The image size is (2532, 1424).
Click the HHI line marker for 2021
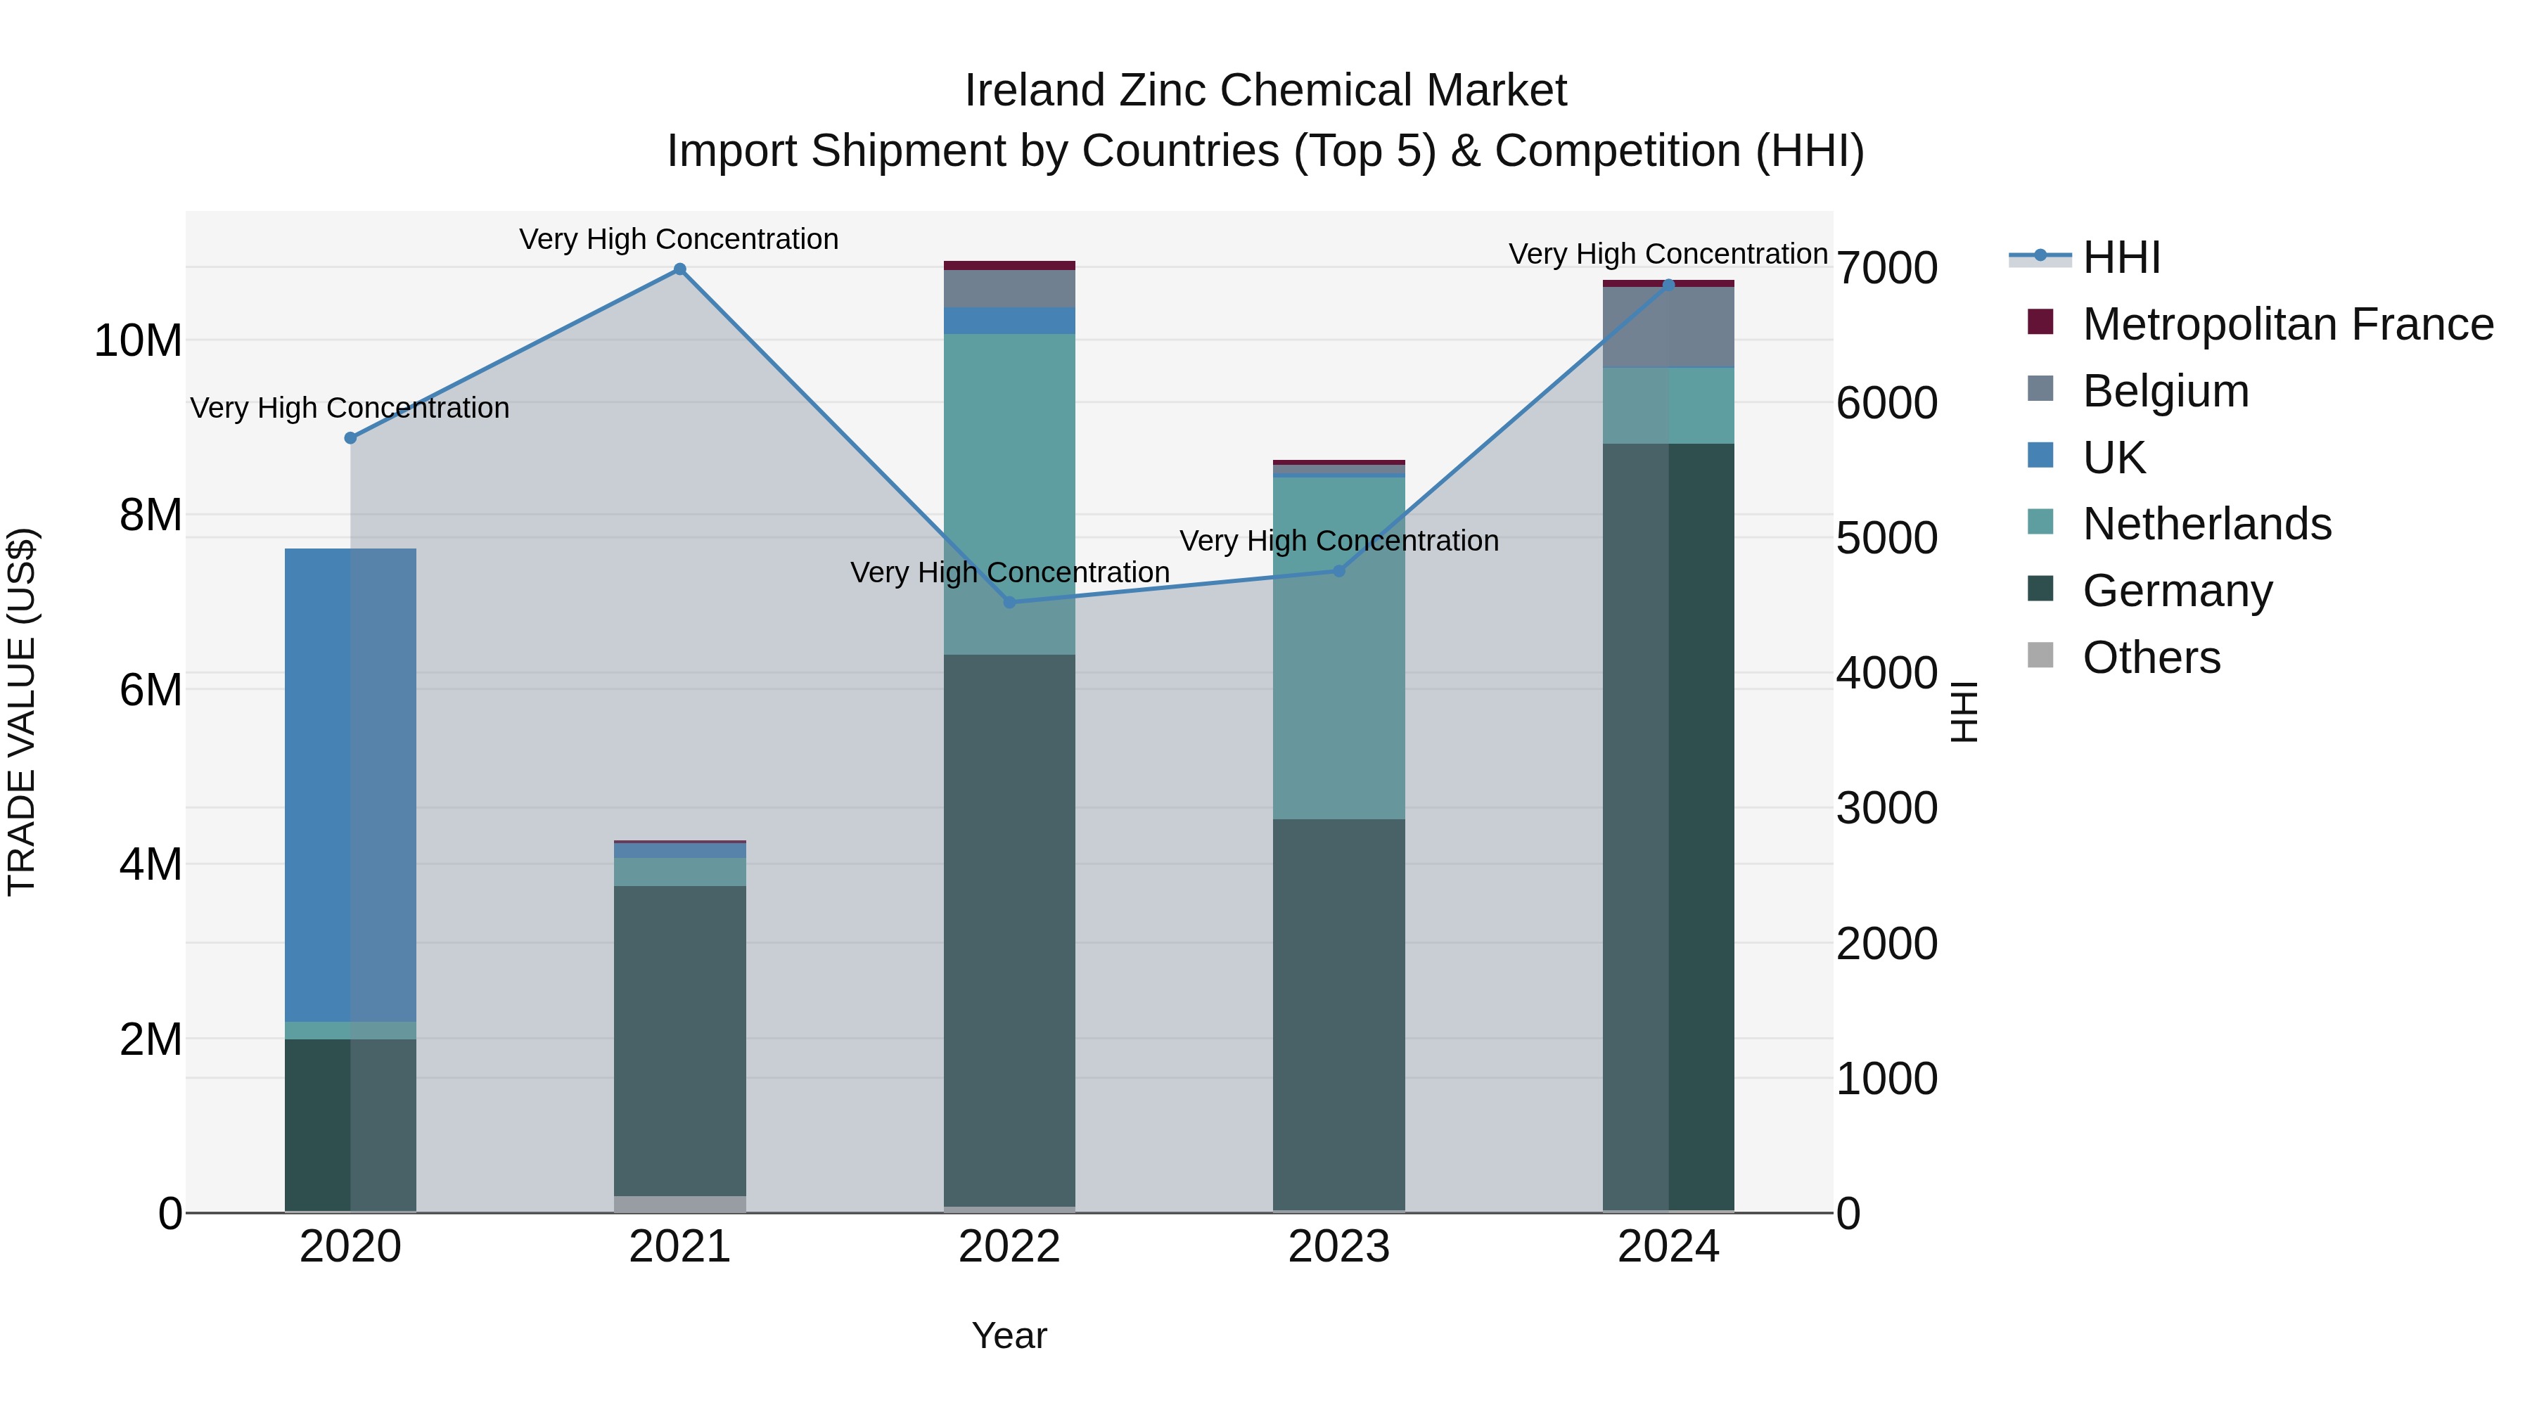tap(679, 269)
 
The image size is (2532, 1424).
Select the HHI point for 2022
tap(1009, 603)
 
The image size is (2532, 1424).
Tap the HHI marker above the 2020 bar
tap(350, 438)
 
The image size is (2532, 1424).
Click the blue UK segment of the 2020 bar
tap(350, 786)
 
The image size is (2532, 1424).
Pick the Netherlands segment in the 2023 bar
tap(1338, 648)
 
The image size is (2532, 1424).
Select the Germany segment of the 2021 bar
tap(679, 1041)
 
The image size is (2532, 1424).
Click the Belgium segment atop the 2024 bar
tap(1668, 327)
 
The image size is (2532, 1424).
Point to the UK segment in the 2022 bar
tap(1009, 321)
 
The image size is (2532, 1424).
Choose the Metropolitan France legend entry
tap(2287, 324)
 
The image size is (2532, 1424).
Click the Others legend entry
tap(2151, 658)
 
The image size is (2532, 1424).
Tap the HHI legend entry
tap(2121, 257)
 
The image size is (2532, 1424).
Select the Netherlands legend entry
tap(2206, 524)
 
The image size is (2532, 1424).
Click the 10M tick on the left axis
tap(138, 341)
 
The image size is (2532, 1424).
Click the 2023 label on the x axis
tap(1338, 1247)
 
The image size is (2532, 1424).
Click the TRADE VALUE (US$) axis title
tap(22, 712)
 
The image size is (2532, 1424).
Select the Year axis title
tap(1009, 1335)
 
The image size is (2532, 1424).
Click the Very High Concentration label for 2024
tap(1668, 254)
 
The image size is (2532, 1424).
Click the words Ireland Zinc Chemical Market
tap(1265, 91)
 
